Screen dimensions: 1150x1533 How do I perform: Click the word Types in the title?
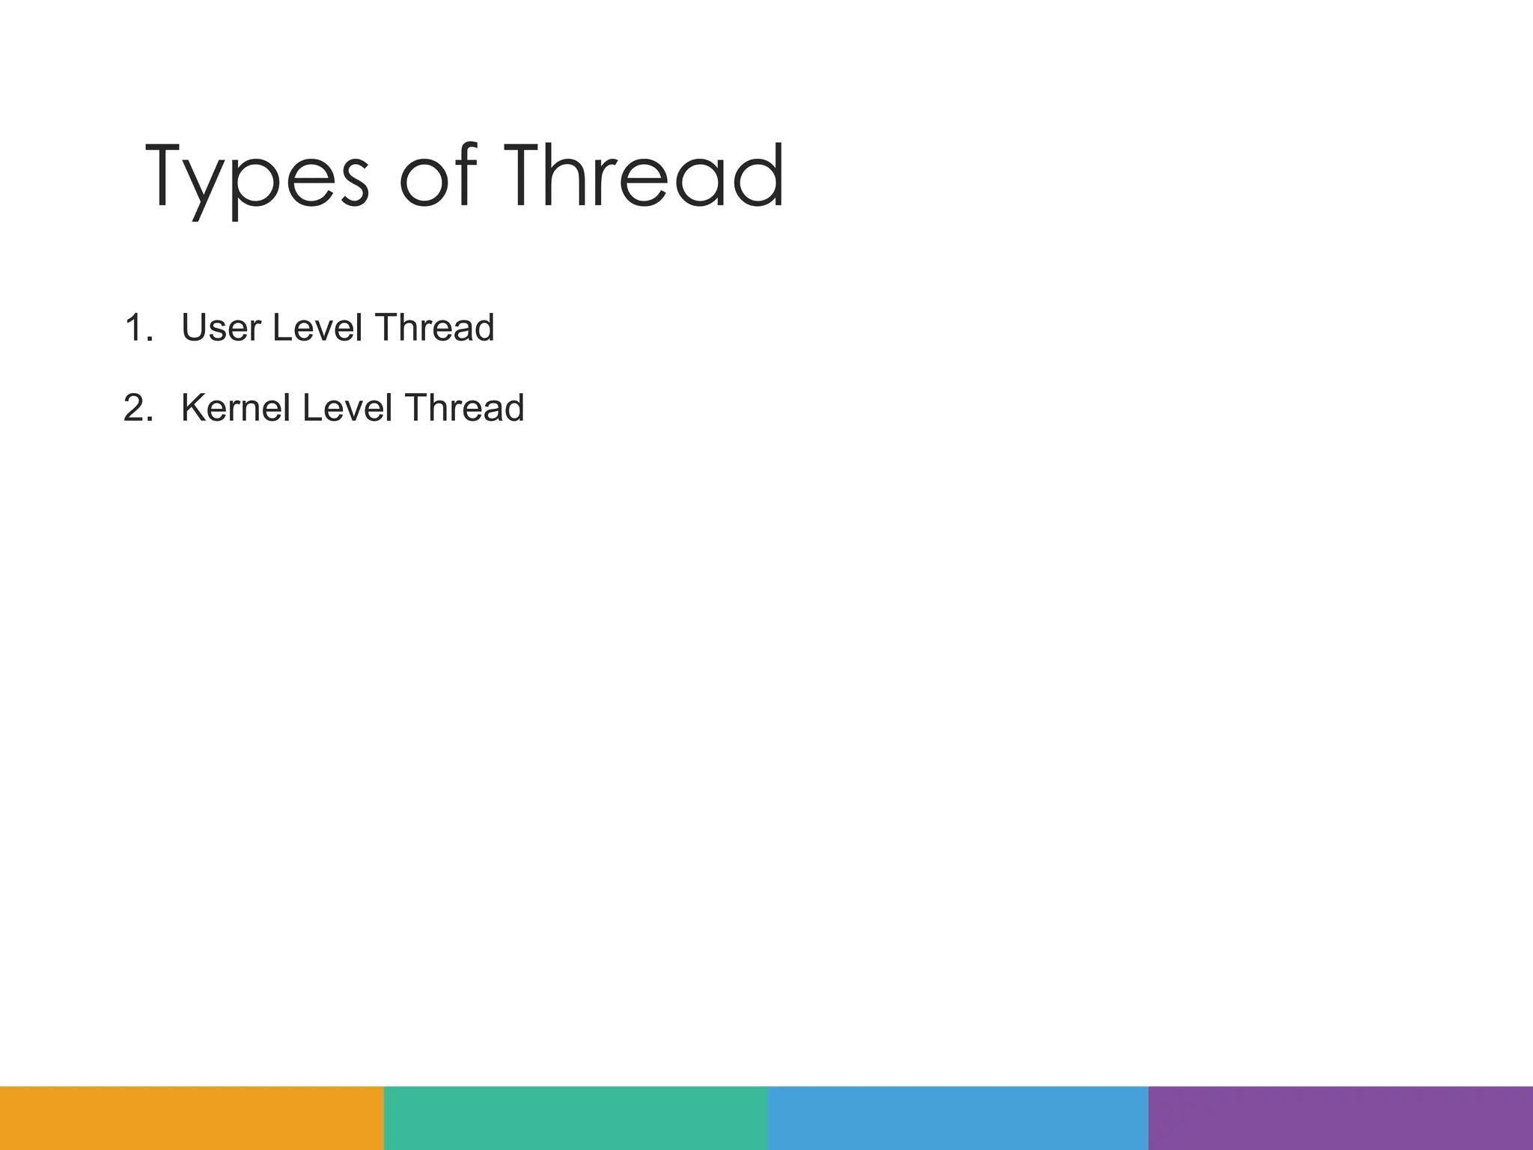pos(257,177)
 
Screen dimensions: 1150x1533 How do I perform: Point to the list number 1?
pos(137,328)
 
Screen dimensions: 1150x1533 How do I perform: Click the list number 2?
pos(138,408)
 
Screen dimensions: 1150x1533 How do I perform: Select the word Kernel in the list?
pos(235,408)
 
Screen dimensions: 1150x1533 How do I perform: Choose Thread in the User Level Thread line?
pos(435,328)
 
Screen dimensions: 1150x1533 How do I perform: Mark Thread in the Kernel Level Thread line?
pos(465,408)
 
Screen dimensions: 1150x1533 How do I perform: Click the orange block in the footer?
pos(192,1118)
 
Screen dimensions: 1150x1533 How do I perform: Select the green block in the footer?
pos(576,1118)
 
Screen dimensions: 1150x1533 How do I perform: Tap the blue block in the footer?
pos(958,1118)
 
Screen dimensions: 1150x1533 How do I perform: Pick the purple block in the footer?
pos(1341,1118)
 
